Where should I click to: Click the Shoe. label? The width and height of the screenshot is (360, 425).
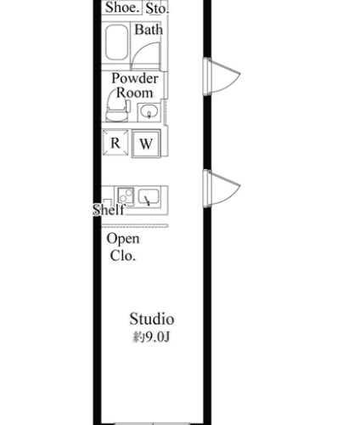click(x=122, y=8)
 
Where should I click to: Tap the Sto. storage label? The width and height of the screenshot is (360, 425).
click(x=157, y=8)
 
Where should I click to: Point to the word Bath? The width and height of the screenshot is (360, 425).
click(x=149, y=30)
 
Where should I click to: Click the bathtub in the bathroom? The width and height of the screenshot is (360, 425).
click(x=116, y=42)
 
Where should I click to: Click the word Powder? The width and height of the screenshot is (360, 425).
click(x=135, y=78)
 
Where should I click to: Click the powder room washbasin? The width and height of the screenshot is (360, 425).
click(x=149, y=111)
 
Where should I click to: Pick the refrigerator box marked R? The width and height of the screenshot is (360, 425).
click(x=115, y=143)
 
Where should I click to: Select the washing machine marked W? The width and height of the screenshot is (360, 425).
click(x=146, y=144)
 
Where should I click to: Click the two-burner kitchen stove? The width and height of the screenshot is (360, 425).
click(x=126, y=195)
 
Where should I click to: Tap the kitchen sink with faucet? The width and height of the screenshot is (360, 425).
click(x=149, y=197)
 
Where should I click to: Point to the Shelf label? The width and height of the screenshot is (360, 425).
click(x=109, y=210)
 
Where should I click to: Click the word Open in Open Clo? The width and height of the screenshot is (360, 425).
click(x=123, y=239)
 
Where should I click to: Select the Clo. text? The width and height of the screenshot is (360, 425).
click(x=123, y=256)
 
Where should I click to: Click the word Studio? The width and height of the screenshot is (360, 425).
click(x=152, y=319)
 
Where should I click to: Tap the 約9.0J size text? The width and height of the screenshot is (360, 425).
click(x=152, y=337)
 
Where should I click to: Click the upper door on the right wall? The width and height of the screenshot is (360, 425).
click(x=222, y=76)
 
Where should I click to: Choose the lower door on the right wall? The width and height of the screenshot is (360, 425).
click(x=222, y=188)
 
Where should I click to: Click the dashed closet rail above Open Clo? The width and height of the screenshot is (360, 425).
click(x=135, y=226)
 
